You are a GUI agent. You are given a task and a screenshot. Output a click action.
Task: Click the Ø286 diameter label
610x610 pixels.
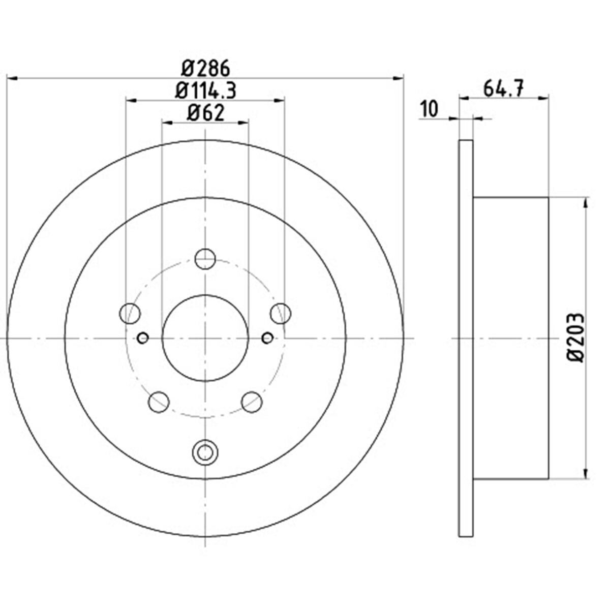205,69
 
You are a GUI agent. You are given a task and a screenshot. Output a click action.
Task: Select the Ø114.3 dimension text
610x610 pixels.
206,91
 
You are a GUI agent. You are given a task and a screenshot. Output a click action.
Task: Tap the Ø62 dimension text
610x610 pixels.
205,113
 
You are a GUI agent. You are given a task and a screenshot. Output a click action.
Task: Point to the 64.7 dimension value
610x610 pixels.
503,89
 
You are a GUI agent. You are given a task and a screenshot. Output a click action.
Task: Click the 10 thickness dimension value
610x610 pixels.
430,109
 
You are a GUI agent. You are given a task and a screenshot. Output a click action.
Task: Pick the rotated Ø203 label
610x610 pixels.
574,338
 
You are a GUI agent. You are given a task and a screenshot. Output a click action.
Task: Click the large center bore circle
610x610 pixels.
205,295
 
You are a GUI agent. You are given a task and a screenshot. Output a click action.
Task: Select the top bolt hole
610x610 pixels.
205,259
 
